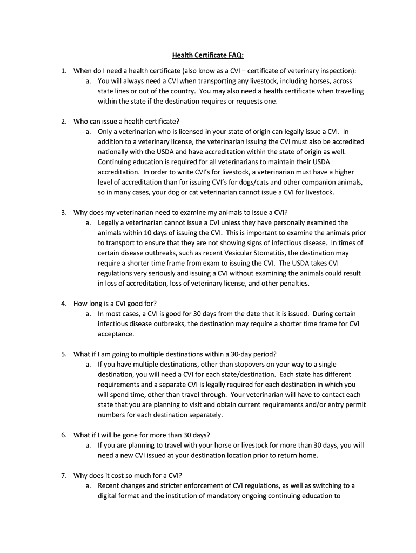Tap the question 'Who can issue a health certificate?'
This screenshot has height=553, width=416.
(126, 121)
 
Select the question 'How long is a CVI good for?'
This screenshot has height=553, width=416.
(115, 303)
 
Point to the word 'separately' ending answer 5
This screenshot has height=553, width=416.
(204, 415)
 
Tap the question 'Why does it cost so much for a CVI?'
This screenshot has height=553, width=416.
(128, 476)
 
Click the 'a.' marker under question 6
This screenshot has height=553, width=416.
(88, 446)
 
